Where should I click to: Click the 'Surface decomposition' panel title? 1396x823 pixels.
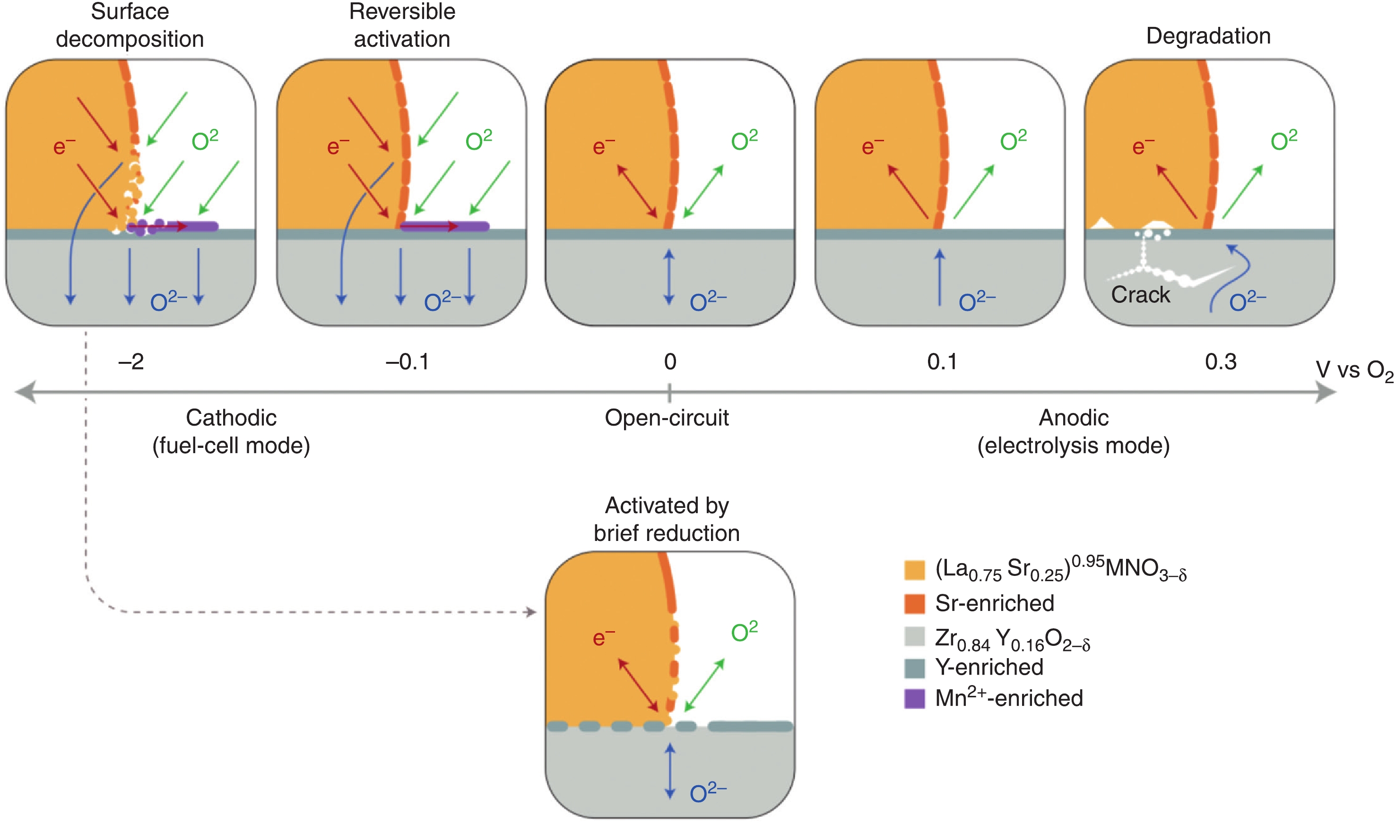pyautogui.click(x=130, y=26)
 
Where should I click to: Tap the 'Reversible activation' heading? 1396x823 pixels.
pyautogui.click(x=402, y=26)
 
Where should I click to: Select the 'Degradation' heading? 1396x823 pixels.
pyautogui.click(x=1208, y=36)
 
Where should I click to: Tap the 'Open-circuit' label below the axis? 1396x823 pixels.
pyautogui.click(x=667, y=418)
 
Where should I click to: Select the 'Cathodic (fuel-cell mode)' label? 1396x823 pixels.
pyautogui.click(x=231, y=431)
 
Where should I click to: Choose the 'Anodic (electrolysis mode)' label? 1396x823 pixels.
pyautogui.click(x=1073, y=431)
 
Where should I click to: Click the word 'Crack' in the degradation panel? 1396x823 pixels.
pyautogui.click(x=1140, y=294)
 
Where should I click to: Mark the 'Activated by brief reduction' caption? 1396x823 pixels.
pyautogui.click(x=667, y=519)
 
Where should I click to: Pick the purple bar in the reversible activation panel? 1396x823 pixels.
pyautogui.click(x=444, y=226)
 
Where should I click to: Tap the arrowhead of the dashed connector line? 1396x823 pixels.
pyautogui.click(x=531, y=612)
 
